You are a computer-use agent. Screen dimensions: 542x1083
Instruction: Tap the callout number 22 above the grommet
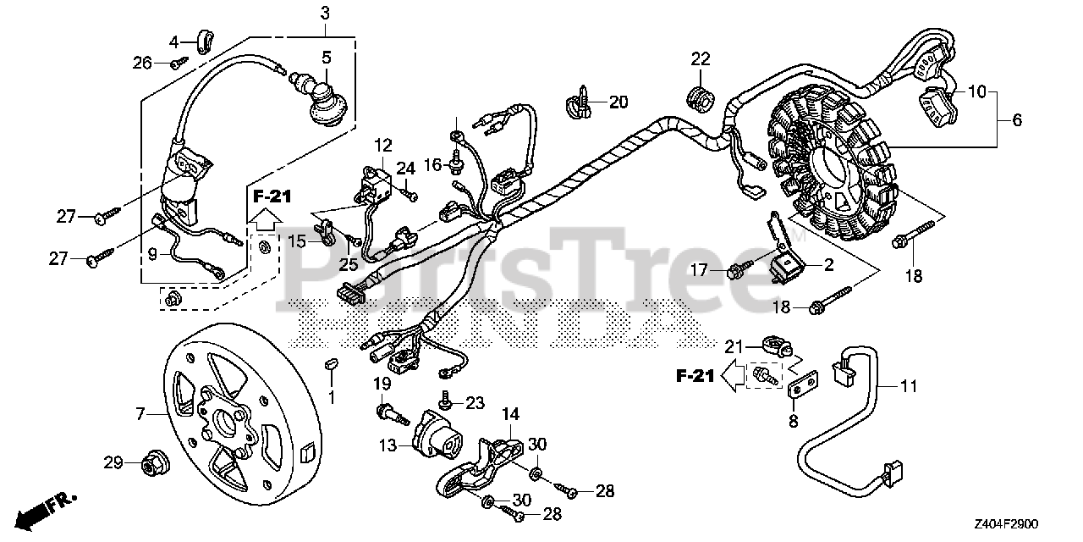pos(700,58)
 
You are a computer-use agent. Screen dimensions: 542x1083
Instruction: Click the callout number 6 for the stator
pos(1016,121)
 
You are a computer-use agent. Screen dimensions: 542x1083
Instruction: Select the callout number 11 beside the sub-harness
pos(908,386)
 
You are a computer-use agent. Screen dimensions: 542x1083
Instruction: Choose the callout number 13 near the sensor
pos(387,445)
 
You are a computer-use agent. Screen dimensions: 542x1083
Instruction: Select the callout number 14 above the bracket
pos(509,414)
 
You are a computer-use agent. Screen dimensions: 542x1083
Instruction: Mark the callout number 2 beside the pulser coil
pos(828,265)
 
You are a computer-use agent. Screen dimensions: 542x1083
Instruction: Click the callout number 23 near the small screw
pos(476,403)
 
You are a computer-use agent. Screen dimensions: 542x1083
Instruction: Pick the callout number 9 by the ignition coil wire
pos(152,252)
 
